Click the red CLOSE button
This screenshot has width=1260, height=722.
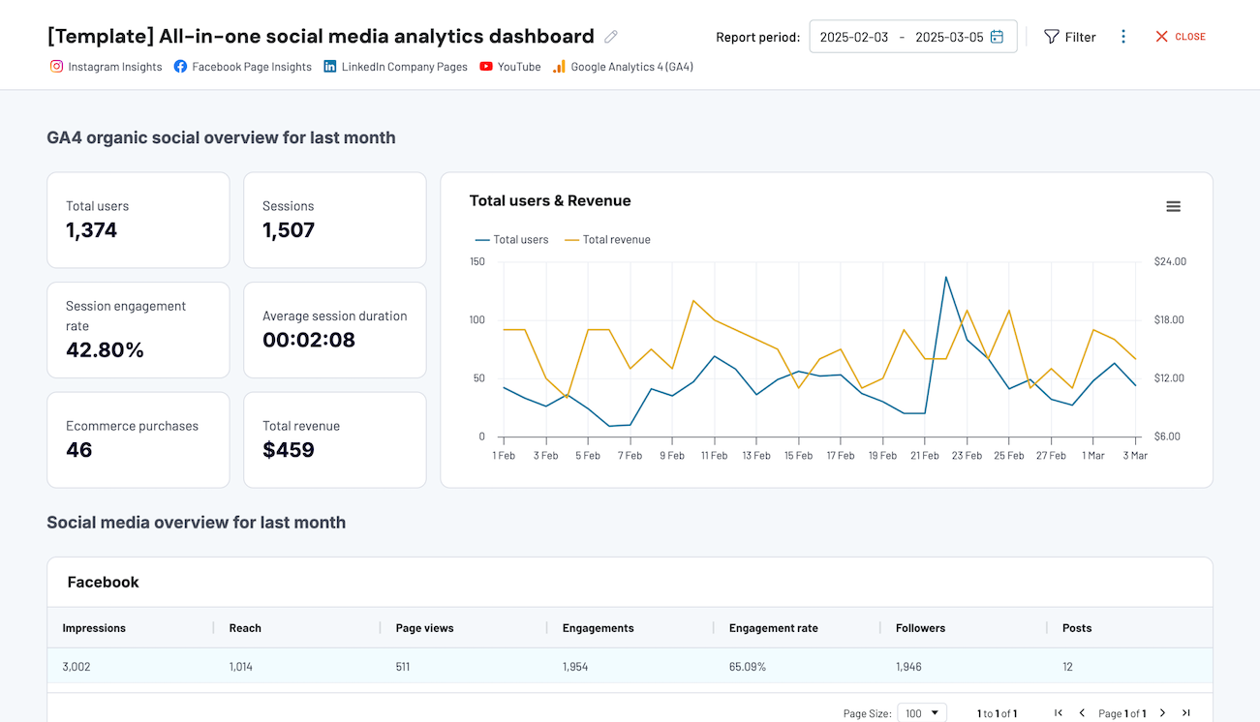[x=1180, y=37]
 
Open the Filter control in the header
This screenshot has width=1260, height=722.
[x=1069, y=37]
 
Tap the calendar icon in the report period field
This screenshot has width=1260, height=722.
[x=997, y=37]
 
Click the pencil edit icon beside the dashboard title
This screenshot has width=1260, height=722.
[x=611, y=37]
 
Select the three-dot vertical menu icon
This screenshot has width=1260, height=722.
[x=1123, y=37]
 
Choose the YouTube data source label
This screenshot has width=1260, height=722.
[x=510, y=67]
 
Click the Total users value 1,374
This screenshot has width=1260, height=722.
[x=92, y=230]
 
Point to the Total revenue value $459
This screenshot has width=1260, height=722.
[x=289, y=450]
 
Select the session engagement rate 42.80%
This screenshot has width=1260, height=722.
[x=105, y=350]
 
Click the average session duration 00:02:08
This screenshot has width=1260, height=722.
[x=309, y=340]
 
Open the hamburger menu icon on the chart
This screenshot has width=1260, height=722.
[x=1173, y=206]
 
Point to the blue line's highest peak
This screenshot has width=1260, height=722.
[x=945, y=277]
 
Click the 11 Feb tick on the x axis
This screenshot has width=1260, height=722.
[x=714, y=456]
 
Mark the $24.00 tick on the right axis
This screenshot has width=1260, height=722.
[x=1170, y=261]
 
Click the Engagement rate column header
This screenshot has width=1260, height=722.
[x=773, y=628]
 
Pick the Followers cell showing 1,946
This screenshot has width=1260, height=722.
[x=910, y=667]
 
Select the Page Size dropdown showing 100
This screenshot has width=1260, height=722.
[x=921, y=713]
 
